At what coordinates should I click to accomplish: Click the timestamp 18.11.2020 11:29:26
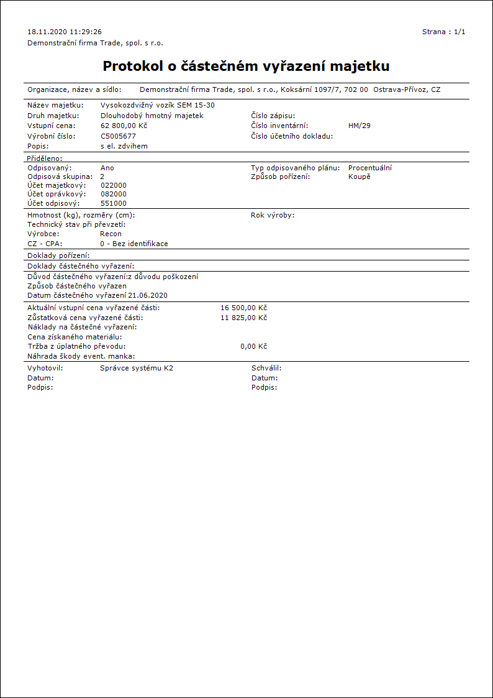tap(65, 31)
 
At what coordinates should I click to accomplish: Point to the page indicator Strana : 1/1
tap(443, 31)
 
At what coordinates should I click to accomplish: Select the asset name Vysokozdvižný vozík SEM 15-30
tap(157, 105)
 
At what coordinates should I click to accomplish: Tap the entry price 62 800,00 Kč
tap(124, 126)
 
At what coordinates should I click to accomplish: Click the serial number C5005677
tap(118, 135)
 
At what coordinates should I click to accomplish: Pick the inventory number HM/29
tap(360, 126)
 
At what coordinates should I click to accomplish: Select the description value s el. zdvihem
tap(124, 146)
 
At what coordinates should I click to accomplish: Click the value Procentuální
tap(370, 168)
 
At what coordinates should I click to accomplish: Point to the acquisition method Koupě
tap(360, 177)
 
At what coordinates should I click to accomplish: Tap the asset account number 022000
tap(113, 185)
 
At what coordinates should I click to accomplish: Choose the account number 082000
tap(113, 194)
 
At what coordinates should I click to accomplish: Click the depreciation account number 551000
tap(113, 203)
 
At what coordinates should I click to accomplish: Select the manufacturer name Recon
tap(111, 234)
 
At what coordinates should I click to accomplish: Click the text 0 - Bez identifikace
tap(134, 244)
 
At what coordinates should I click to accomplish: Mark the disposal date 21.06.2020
tap(148, 295)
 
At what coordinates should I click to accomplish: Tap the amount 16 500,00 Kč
tap(243, 308)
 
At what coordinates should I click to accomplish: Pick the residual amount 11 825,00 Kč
tap(243, 318)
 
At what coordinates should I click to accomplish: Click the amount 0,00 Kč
tap(253, 346)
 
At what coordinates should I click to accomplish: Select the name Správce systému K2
tap(137, 368)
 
